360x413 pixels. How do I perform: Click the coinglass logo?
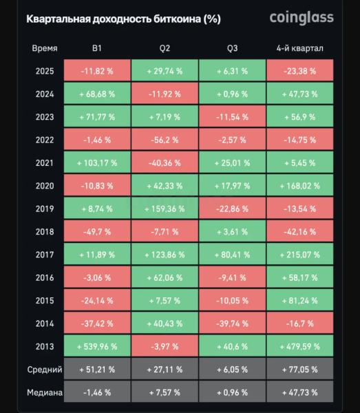(301, 17)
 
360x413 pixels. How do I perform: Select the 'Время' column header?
(45, 48)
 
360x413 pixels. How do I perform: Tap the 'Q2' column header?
(165, 48)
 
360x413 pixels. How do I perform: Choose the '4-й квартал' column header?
(299, 48)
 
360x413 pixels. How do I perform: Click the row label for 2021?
(45, 163)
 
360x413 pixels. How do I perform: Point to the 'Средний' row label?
(45, 370)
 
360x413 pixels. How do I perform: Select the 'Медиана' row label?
(45, 392)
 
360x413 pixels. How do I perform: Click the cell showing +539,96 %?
(97, 346)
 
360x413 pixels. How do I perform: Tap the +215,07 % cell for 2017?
(299, 255)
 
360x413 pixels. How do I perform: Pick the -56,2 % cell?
(165, 140)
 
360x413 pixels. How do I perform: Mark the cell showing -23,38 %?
(299, 71)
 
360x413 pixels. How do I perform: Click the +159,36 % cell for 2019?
(165, 209)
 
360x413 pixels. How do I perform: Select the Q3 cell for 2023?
(232, 117)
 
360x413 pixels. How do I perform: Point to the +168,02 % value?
(299, 186)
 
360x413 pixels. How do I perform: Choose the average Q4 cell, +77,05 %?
(299, 370)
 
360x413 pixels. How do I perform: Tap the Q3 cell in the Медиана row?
(232, 392)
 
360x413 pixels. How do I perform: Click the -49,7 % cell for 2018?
(97, 232)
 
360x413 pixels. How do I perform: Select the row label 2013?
(45, 346)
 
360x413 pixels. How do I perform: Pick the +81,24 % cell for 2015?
(299, 301)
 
